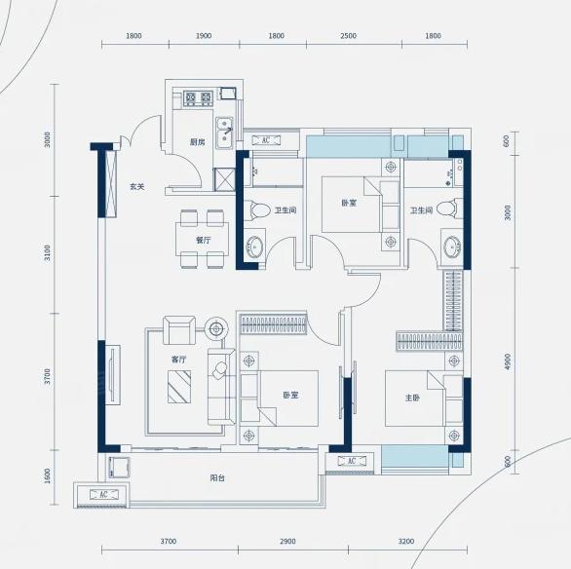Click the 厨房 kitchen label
198,142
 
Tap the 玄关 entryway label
137,187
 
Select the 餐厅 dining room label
204,241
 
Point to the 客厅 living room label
178,360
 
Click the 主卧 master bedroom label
412,398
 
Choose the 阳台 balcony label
217,478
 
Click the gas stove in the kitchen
198,98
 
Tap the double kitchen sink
224,133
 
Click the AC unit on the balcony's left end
104,494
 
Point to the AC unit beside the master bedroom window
352,461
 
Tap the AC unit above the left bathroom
266,140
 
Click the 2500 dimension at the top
349,36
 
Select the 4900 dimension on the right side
508,361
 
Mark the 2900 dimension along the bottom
287,542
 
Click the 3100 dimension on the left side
47,253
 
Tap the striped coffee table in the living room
179,387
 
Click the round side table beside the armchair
216,329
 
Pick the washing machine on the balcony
119,468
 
